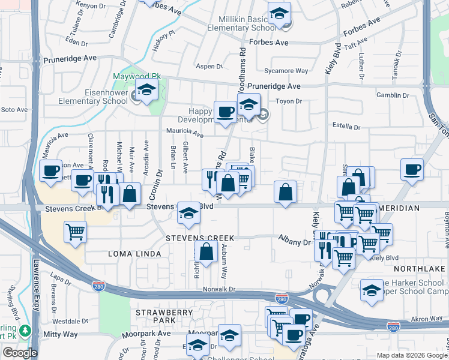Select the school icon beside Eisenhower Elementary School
(x=146, y=91)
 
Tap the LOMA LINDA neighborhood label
(x=134, y=254)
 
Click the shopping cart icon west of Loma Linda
(x=75, y=232)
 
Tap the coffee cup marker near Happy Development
(x=226, y=112)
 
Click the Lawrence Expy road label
(x=37, y=281)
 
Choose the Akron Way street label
(x=427, y=319)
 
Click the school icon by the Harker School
(x=372, y=290)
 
